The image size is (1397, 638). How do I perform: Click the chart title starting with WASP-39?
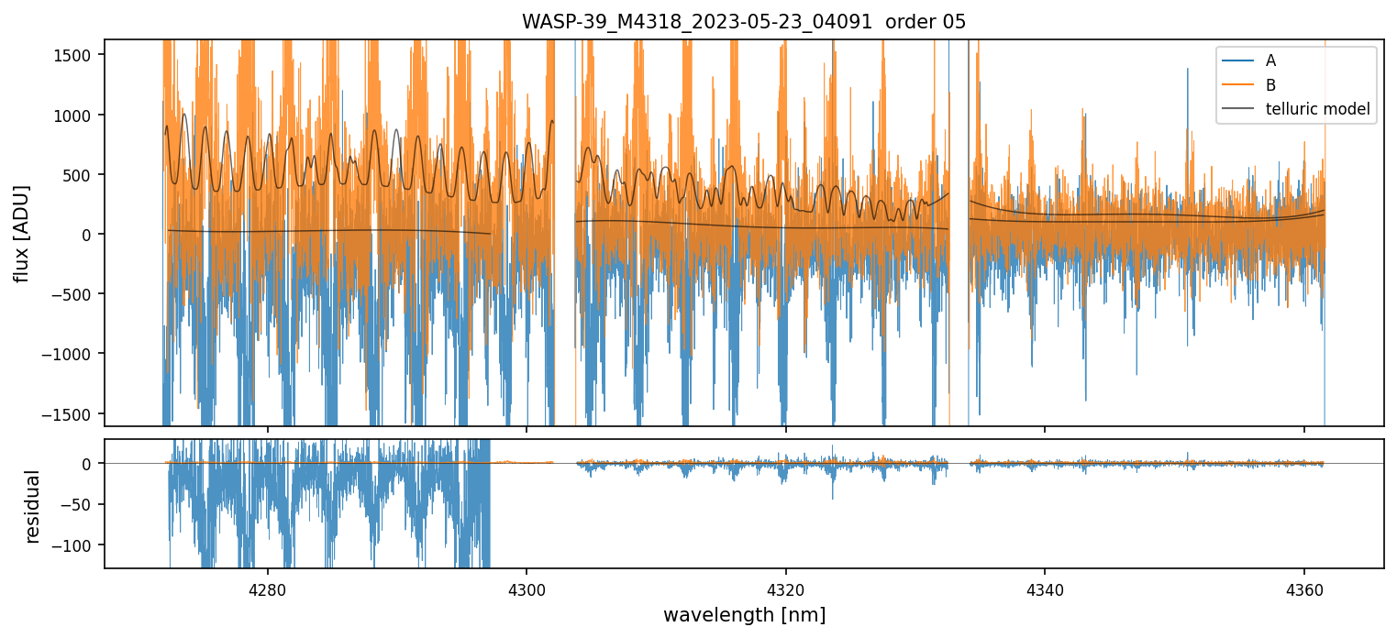coord(744,22)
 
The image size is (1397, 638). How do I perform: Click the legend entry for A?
coord(1270,60)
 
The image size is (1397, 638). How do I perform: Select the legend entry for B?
coord(1270,85)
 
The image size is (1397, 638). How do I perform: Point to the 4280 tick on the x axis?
coord(268,587)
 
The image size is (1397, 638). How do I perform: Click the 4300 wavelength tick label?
coord(527,587)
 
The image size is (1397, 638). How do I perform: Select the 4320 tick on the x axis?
coord(786,587)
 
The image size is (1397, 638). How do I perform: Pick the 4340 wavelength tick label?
coord(1045,587)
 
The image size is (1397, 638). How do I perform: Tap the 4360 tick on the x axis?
coord(1304,587)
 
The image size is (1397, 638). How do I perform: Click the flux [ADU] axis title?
coord(20,233)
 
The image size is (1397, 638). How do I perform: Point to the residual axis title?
coord(32,506)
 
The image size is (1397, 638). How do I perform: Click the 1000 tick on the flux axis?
coord(80,115)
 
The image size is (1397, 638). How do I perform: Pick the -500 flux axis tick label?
coord(80,294)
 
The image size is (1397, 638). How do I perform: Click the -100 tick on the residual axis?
coord(80,544)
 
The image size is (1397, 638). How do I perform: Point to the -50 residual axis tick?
coord(83,504)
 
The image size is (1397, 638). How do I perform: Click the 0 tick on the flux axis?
coord(92,235)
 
